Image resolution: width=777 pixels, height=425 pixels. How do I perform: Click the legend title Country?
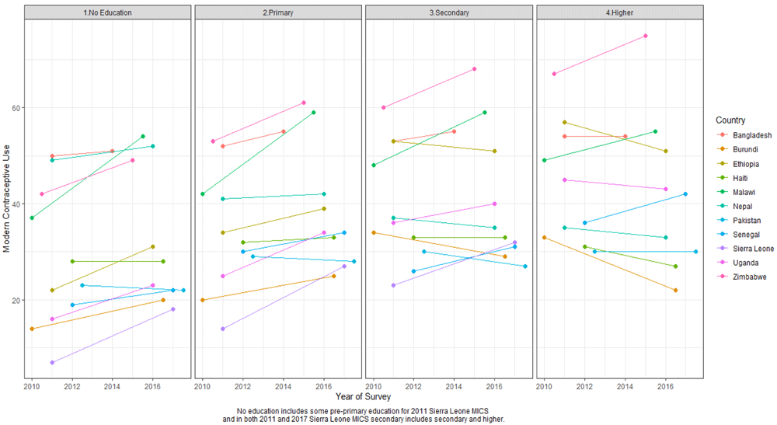click(x=730, y=120)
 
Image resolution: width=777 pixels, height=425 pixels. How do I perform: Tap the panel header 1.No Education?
click(x=107, y=13)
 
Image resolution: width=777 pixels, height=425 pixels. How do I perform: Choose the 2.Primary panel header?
click(x=277, y=13)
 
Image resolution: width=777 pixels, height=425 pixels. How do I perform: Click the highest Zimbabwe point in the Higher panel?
click(x=646, y=36)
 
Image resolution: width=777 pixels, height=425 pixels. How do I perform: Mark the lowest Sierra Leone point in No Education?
click(x=52, y=363)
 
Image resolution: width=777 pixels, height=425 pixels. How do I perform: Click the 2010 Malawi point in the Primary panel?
click(x=203, y=194)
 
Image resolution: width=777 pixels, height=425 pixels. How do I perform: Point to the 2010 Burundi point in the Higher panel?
click(x=545, y=238)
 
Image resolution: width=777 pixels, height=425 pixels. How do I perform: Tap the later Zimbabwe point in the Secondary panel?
click(x=475, y=69)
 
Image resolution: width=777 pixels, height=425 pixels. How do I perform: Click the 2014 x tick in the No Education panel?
click(x=112, y=385)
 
